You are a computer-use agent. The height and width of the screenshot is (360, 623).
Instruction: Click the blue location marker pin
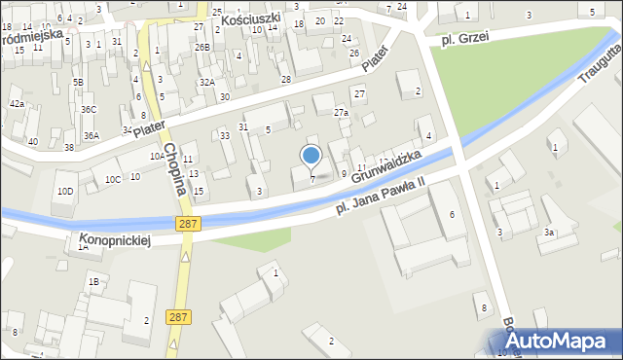click(x=311, y=156)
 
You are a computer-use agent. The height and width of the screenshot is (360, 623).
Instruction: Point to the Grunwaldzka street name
click(x=386, y=165)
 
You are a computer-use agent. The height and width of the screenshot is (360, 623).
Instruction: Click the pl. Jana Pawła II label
click(x=381, y=196)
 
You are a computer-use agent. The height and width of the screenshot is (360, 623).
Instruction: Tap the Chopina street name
click(x=173, y=168)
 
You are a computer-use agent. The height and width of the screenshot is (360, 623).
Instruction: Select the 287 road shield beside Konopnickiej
click(x=190, y=225)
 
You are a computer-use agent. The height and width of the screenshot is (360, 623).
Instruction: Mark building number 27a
click(x=341, y=113)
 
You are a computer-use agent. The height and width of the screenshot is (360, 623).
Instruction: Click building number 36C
click(x=89, y=110)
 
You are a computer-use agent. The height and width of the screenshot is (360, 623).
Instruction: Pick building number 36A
click(x=91, y=136)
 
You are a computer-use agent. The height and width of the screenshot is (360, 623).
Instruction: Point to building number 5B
click(x=77, y=83)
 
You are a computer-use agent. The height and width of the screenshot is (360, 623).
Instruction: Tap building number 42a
click(x=17, y=103)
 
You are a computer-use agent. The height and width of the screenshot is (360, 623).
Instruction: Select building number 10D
click(x=64, y=191)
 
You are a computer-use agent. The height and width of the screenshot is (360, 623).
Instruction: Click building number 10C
click(x=113, y=179)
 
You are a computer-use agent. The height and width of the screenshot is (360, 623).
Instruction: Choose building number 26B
click(x=202, y=47)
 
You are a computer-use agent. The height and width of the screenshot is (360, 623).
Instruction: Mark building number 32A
click(x=206, y=83)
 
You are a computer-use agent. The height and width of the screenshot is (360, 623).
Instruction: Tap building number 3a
click(x=549, y=233)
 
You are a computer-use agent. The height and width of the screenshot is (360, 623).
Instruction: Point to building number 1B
click(x=93, y=282)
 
